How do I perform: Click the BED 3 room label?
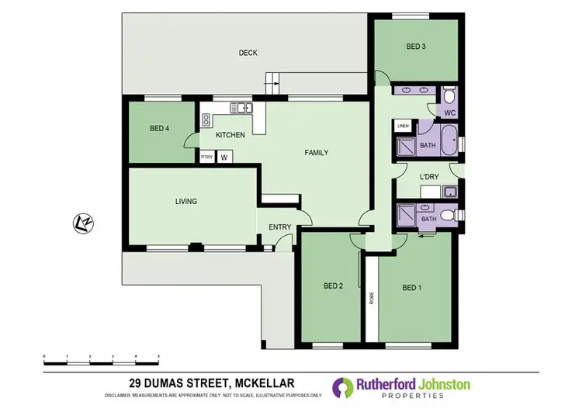coord(416,47)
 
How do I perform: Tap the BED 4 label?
coord(160,128)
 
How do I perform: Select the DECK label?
coord(248,53)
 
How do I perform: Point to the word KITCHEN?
coord(230,135)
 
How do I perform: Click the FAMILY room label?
coord(316,153)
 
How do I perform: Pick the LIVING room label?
coord(186,201)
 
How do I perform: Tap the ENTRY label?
coord(279,227)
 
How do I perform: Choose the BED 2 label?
coord(333,286)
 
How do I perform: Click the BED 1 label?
coord(412,288)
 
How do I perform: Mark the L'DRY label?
coord(429,177)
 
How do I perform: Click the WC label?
coord(449,113)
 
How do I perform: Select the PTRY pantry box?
coord(206,158)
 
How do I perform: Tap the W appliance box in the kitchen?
coord(224,158)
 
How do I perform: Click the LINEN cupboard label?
coord(403,126)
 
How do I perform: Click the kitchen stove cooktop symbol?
coord(207,119)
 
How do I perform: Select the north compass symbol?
coord(83,223)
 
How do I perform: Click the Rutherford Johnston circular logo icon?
coord(342,387)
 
